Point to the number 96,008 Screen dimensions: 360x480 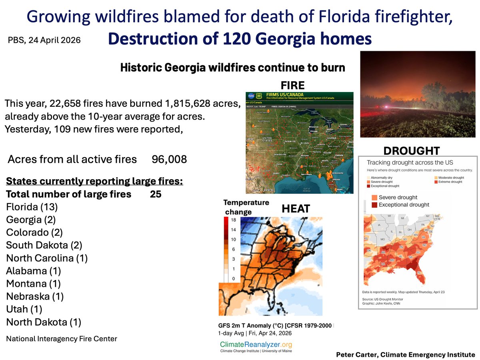click(169, 160)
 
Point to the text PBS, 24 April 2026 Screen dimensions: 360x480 click(44, 40)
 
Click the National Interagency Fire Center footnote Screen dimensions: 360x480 click(62, 339)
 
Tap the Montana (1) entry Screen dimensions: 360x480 click(33, 284)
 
